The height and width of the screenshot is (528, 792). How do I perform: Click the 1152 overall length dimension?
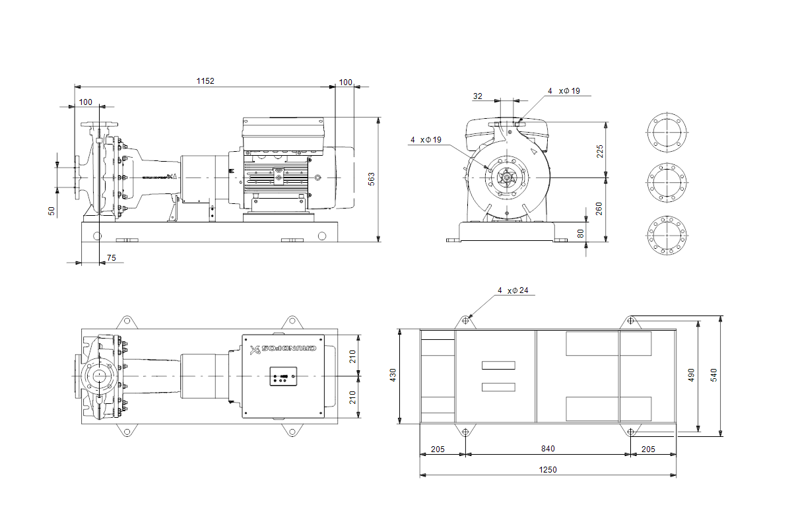205,81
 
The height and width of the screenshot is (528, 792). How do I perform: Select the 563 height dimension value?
372,179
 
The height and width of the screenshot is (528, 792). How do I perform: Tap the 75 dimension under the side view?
111,258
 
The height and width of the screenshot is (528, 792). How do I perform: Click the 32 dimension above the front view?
478,96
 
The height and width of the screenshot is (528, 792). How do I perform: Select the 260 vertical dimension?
600,209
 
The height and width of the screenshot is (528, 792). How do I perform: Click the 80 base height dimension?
580,233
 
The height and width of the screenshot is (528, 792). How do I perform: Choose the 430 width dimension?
393,375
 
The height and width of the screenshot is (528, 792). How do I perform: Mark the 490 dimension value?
691,375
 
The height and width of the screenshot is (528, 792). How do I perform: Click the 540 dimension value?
713,375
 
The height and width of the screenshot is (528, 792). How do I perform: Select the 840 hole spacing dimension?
547,449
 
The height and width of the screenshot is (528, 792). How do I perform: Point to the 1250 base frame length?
547,470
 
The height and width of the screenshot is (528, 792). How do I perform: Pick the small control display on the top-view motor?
282,378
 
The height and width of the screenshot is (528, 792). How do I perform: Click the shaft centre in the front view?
506,177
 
